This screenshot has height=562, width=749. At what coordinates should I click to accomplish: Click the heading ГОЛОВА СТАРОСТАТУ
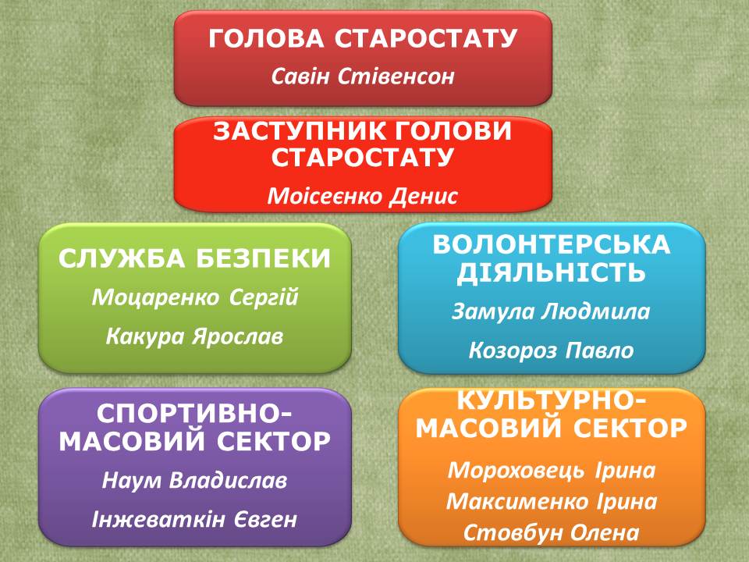click(x=363, y=39)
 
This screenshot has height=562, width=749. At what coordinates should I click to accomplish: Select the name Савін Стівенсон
click(x=363, y=76)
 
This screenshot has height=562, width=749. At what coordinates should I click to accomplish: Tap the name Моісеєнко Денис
click(x=363, y=196)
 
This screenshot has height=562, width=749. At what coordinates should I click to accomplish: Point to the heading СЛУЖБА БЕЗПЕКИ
click(x=194, y=258)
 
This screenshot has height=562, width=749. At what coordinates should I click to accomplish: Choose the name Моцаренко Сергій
click(x=195, y=297)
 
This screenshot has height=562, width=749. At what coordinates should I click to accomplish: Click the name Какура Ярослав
click(x=194, y=336)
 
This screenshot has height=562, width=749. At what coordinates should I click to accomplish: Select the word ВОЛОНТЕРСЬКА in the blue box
click(x=552, y=244)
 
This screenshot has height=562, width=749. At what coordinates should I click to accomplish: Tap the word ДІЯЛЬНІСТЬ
click(x=552, y=272)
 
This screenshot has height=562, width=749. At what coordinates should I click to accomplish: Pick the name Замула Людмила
click(x=551, y=311)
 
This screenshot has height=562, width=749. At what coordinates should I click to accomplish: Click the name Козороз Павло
click(x=551, y=350)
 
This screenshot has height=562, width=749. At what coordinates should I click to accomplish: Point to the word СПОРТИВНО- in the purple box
click(x=194, y=414)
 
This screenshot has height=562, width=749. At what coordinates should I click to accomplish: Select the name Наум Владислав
click(x=194, y=480)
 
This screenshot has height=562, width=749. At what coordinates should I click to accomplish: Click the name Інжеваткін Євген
click(x=194, y=520)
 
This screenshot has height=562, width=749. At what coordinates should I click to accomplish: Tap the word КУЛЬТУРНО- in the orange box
click(x=552, y=400)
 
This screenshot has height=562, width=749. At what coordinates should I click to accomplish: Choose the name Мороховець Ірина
click(x=552, y=470)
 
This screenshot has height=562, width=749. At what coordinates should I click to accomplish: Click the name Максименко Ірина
click(x=552, y=501)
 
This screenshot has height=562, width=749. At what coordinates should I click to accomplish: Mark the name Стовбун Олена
click(x=552, y=532)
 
